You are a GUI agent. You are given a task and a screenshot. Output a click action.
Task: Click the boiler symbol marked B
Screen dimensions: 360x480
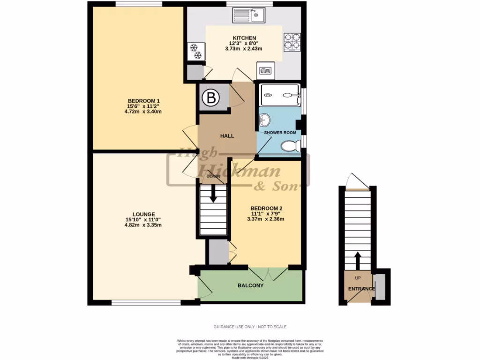coord(211,98)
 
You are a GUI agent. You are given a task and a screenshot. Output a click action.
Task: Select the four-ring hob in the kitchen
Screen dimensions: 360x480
coord(291,41)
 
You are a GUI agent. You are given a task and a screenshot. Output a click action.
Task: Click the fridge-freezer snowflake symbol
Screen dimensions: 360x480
coord(195,51)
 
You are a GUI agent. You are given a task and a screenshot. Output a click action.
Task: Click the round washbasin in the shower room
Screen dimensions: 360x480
coord(265,120)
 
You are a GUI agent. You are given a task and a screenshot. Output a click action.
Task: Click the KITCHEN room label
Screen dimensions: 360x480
coord(245,38)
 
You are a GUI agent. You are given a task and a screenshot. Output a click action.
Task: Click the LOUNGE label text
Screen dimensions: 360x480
coord(140,214)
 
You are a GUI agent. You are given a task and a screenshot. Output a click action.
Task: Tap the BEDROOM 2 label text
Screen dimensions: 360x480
coord(266,208)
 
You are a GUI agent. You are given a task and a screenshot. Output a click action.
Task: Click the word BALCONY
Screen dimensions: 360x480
coord(250,285)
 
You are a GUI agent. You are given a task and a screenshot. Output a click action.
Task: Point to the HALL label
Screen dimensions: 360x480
coord(227,136)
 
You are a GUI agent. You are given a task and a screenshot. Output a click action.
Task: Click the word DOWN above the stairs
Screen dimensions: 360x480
coord(213,176)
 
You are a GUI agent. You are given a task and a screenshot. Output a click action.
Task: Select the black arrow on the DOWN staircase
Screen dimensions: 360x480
coord(213,194)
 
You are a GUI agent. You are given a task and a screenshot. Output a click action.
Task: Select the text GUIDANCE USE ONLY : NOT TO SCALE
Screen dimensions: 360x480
coord(250,327)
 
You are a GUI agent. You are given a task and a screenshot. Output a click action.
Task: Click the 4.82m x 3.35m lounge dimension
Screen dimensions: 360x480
coord(140,225)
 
